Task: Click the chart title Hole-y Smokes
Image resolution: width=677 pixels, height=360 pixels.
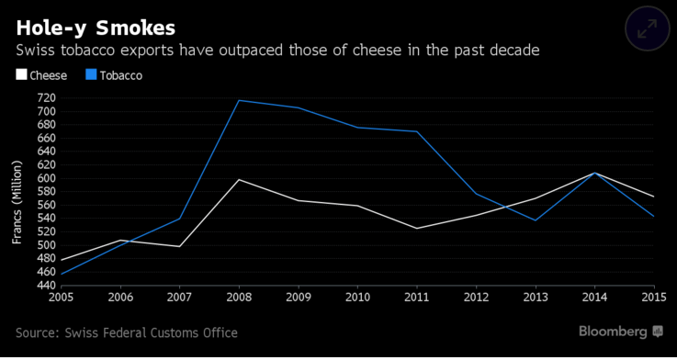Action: [x=96, y=28]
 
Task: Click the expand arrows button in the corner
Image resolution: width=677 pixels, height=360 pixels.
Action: [x=647, y=28]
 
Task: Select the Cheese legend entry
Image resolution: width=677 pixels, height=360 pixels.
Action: [x=41, y=75]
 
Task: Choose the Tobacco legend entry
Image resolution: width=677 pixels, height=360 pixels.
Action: [x=112, y=75]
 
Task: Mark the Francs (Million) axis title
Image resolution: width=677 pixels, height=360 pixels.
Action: [x=17, y=202]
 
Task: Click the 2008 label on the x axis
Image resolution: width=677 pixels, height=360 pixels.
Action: [x=239, y=297]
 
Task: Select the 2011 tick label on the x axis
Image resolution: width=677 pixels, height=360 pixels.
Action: [x=417, y=297]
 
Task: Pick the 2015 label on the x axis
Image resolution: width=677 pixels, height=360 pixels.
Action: [x=655, y=297]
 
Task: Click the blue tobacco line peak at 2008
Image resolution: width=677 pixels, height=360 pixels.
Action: [x=239, y=101]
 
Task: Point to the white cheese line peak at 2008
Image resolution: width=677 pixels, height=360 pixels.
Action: [x=239, y=180]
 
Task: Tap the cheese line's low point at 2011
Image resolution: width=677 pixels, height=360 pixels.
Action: [x=417, y=229]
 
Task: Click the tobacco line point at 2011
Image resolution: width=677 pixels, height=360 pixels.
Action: [x=417, y=131]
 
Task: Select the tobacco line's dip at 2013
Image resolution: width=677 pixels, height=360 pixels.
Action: [x=536, y=220]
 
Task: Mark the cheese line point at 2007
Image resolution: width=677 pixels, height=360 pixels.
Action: [x=179, y=246]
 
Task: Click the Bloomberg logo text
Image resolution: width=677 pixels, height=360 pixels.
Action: [x=613, y=332]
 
